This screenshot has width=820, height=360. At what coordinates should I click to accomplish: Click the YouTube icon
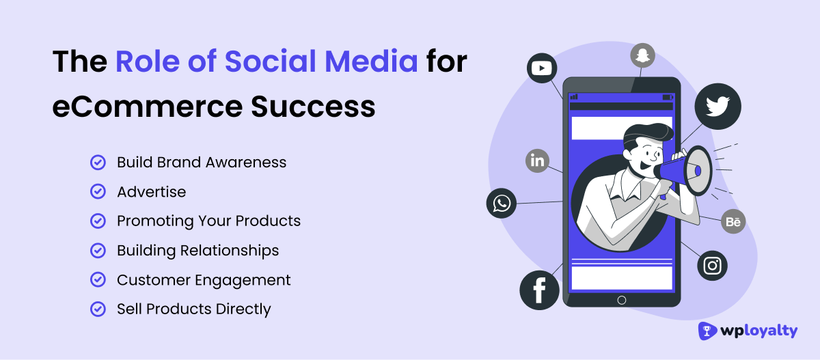click(x=543, y=68)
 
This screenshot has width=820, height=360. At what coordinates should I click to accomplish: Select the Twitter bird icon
click(x=717, y=106)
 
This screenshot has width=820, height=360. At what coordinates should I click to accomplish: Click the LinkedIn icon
click(x=538, y=161)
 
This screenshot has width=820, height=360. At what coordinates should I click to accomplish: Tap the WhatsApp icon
click(x=502, y=204)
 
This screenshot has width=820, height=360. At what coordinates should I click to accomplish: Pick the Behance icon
click(x=733, y=221)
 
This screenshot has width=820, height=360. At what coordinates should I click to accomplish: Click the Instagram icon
click(x=713, y=266)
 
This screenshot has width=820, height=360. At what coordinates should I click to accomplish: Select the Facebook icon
click(x=539, y=290)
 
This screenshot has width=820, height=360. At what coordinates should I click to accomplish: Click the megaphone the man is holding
click(x=687, y=170)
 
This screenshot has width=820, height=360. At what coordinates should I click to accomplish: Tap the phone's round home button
click(x=621, y=300)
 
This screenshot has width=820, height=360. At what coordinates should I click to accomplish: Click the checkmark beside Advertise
click(x=98, y=192)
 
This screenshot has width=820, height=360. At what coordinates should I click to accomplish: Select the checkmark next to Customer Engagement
click(x=98, y=280)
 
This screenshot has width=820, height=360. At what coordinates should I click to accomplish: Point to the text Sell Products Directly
click(x=194, y=309)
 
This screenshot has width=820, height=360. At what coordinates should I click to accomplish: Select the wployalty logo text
click(x=758, y=331)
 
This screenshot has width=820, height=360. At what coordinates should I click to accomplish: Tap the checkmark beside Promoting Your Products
click(x=98, y=221)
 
